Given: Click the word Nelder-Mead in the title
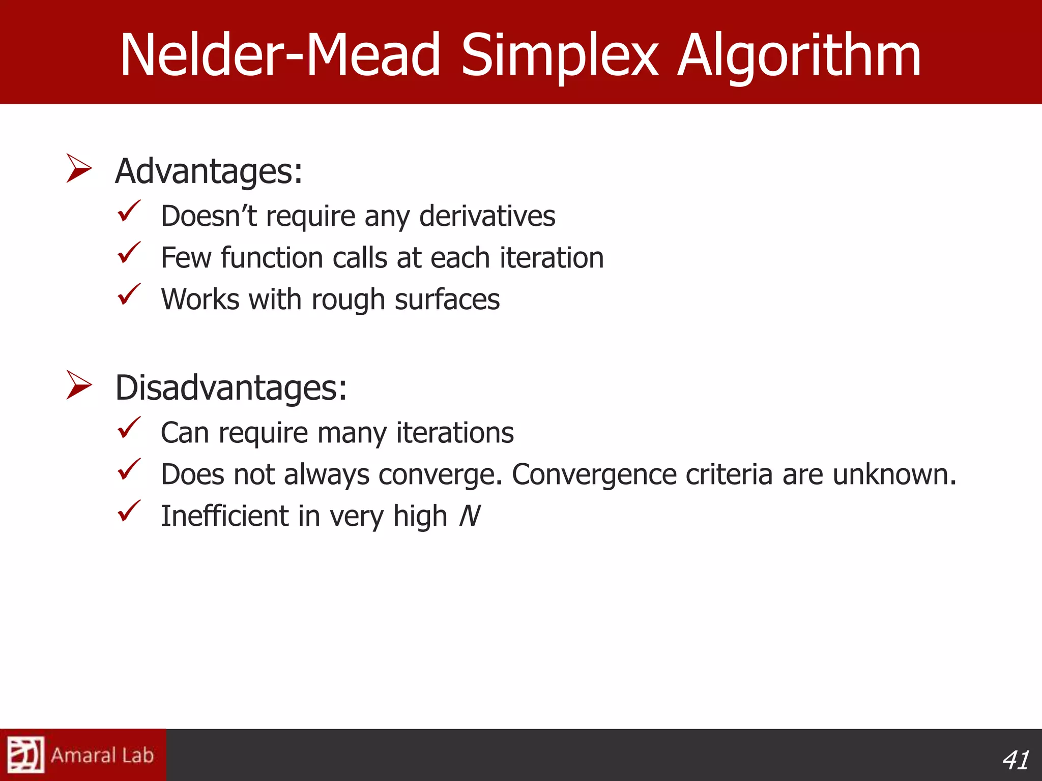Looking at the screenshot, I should point(280,55).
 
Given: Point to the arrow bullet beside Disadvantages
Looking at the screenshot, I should point(79,385).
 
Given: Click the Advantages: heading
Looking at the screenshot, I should point(209,171).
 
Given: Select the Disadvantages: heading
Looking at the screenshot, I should point(231,388).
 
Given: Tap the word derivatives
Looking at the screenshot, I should point(487,216).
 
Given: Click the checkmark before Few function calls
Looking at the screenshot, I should point(129,253).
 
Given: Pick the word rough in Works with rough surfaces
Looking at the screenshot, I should point(349,299).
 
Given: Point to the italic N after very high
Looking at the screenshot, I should point(469,516).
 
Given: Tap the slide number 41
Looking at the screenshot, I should point(1016,761).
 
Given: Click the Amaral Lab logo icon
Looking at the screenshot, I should point(25,755).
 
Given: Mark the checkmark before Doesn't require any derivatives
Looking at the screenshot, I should point(129,211).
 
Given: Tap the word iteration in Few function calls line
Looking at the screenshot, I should point(552,258).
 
